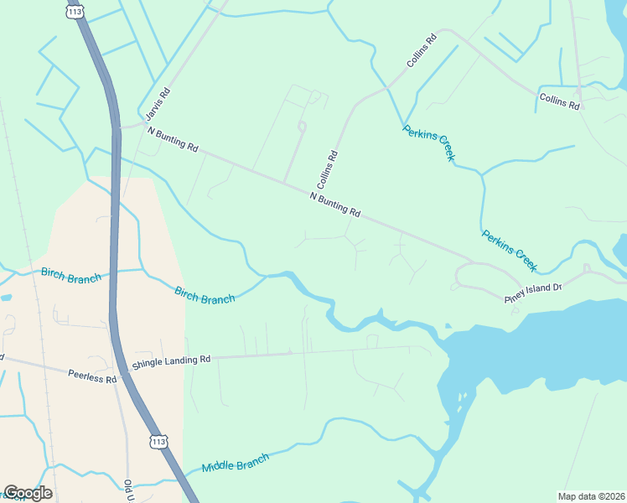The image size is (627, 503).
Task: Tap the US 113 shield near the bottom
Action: point(159,441)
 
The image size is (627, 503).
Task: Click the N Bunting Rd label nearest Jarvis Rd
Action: point(172,139)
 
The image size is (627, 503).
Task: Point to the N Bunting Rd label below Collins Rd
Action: point(334,205)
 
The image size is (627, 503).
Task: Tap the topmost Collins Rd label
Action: point(422,51)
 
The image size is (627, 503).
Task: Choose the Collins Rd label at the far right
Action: point(559,102)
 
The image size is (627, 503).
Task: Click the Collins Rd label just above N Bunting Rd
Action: point(327,169)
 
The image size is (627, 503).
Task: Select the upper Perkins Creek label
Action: point(428,143)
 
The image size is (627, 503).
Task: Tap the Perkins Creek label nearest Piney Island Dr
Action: point(509,250)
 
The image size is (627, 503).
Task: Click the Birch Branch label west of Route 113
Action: point(70,276)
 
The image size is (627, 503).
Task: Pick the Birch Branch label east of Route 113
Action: point(205,296)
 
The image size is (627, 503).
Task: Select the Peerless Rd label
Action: point(93,377)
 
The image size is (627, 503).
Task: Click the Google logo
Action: point(28,493)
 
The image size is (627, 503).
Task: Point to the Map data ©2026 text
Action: point(591,496)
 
